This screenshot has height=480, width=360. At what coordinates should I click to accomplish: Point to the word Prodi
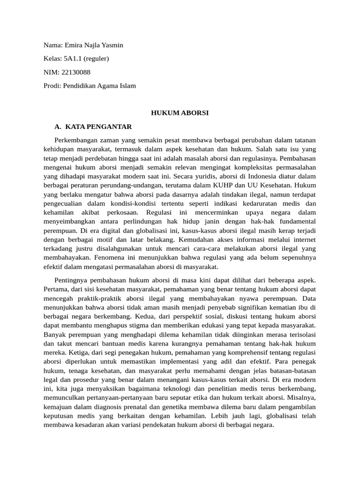click(51, 86)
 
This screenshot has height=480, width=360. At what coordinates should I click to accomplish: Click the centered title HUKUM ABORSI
click(180, 113)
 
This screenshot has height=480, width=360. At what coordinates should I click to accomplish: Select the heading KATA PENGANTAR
click(98, 127)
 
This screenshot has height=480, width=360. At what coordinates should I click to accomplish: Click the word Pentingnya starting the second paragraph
click(73, 280)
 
